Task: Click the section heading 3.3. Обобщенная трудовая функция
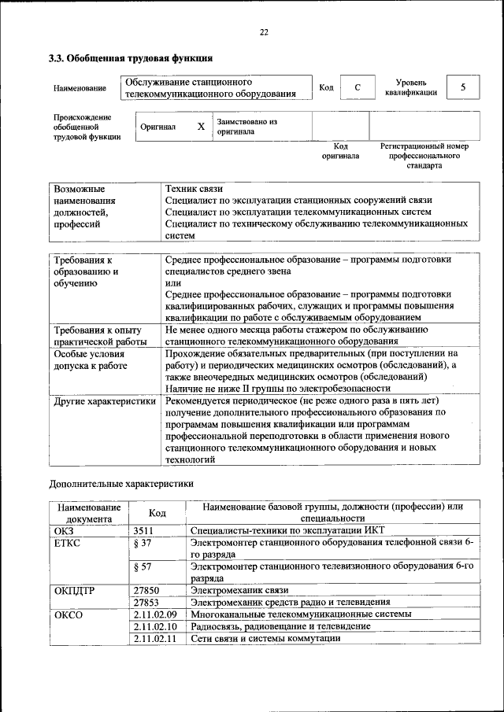click(x=131, y=58)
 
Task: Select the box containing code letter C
click(x=357, y=87)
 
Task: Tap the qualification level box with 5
click(x=463, y=87)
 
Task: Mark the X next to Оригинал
click(x=201, y=126)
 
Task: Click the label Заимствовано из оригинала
click(x=247, y=127)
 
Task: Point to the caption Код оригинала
click(x=340, y=151)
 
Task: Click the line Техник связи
click(x=194, y=189)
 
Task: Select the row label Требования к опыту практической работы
click(x=100, y=336)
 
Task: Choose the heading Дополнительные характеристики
click(x=120, y=483)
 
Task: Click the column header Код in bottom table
click(x=157, y=513)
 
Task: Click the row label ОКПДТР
click(x=72, y=589)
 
